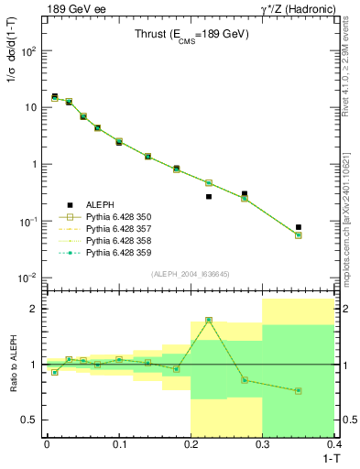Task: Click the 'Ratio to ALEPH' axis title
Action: pos(14,363)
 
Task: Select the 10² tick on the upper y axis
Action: pos(29,51)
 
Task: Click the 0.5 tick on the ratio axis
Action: pos(30,420)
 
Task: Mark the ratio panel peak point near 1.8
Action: pos(209,320)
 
